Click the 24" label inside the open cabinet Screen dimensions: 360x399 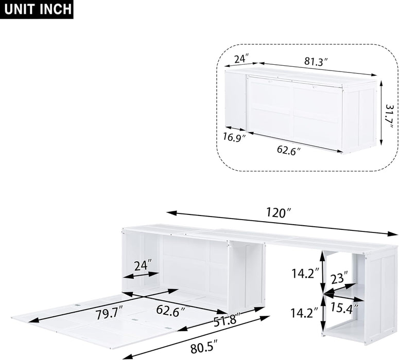[x=142, y=265]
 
